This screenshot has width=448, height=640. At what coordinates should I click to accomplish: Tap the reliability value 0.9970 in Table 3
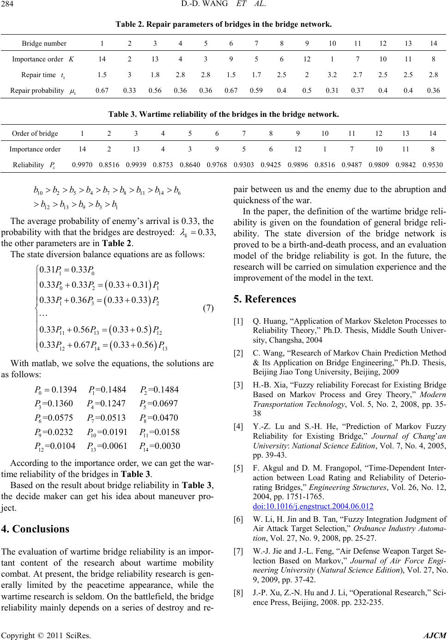click(81, 163)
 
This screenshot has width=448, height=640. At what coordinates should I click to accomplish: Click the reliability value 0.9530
click(433, 163)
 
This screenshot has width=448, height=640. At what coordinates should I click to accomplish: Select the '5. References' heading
click(265, 299)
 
